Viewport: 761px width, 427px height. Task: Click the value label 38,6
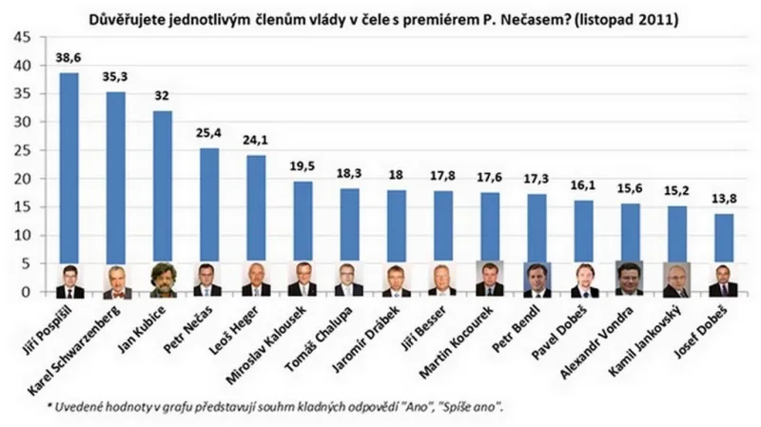click(69, 58)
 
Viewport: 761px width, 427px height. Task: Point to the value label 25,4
click(209, 133)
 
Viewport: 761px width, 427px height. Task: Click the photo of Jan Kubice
click(163, 280)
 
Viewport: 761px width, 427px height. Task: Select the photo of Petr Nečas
click(209, 280)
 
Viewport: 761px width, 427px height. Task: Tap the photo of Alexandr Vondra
click(630, 280)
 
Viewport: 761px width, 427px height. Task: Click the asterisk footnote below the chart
click(276, 407)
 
